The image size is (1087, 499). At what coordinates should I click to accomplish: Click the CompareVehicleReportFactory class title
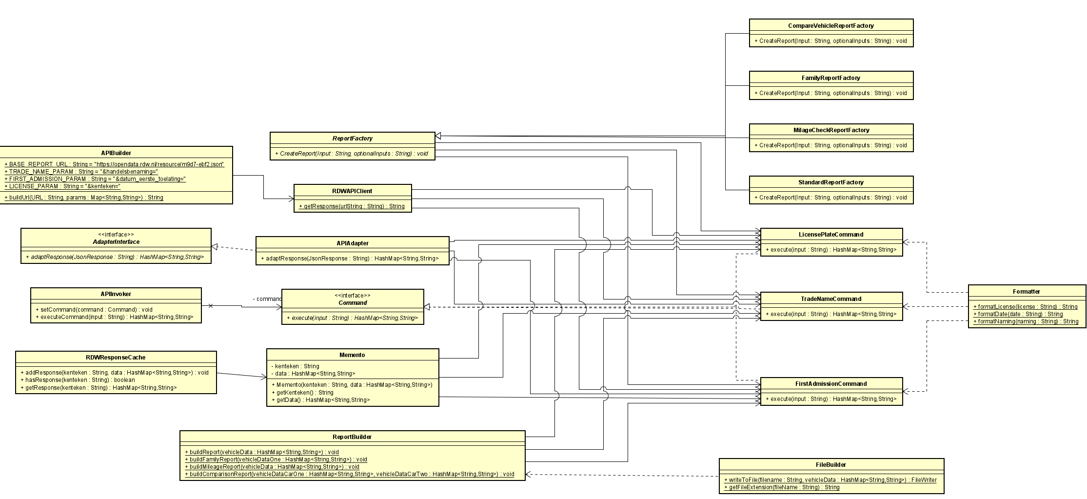point(830,26)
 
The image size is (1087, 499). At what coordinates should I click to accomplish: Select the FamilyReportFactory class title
point(830,78)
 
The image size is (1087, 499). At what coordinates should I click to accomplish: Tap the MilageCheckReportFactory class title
point(830,130)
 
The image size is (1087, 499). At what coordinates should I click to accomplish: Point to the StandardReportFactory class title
point(830,182)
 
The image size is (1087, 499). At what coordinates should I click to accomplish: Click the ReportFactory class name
point(352,139)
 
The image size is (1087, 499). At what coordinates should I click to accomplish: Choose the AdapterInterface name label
point(116,242)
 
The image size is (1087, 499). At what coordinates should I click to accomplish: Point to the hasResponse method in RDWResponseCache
point(79,380)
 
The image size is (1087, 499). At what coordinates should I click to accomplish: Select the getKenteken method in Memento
point(304,393)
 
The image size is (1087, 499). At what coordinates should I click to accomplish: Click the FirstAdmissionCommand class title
point(831,384)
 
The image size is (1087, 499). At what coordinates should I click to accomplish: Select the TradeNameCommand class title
point(831,299)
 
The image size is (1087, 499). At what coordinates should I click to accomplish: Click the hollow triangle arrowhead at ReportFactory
point(438,136)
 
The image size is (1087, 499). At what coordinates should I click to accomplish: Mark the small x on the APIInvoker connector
point(210,306)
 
